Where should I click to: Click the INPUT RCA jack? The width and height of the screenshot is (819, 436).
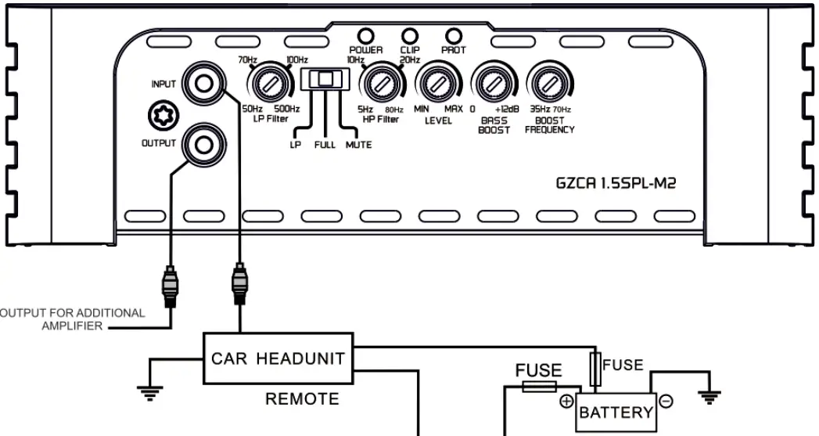click(x=204, y=83)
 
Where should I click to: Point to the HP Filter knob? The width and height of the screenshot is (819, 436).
click(x=379, y=84)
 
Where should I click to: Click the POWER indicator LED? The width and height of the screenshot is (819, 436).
click(x=365, y=35)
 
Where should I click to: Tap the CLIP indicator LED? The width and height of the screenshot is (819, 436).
click(x=409, y=35)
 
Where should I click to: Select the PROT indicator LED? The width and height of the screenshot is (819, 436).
click(x=453, y=35)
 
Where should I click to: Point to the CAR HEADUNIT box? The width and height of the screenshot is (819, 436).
click(x=278, y=359)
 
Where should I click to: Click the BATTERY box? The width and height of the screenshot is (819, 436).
click(x=615, y=412)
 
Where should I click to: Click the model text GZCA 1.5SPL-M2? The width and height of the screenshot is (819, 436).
click(x=615, y=185)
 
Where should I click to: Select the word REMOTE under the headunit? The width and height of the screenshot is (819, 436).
click(x=302, y=399)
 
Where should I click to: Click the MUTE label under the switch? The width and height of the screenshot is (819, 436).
click(x=358, y=145)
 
